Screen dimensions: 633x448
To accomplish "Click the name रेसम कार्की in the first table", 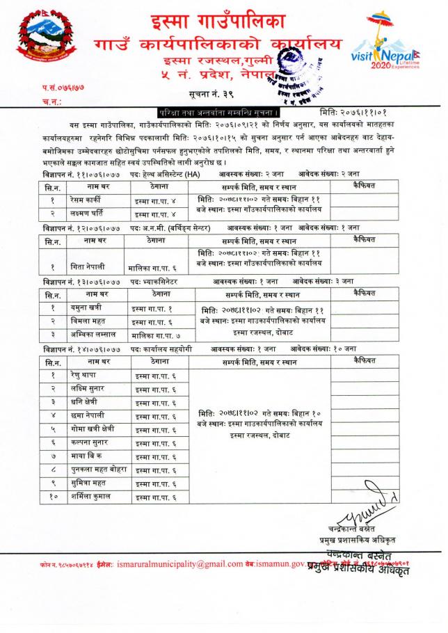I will (86, 200).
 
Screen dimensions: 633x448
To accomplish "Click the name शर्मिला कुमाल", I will (90, 497).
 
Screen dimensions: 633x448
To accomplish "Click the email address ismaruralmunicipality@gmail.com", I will (180, 564).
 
